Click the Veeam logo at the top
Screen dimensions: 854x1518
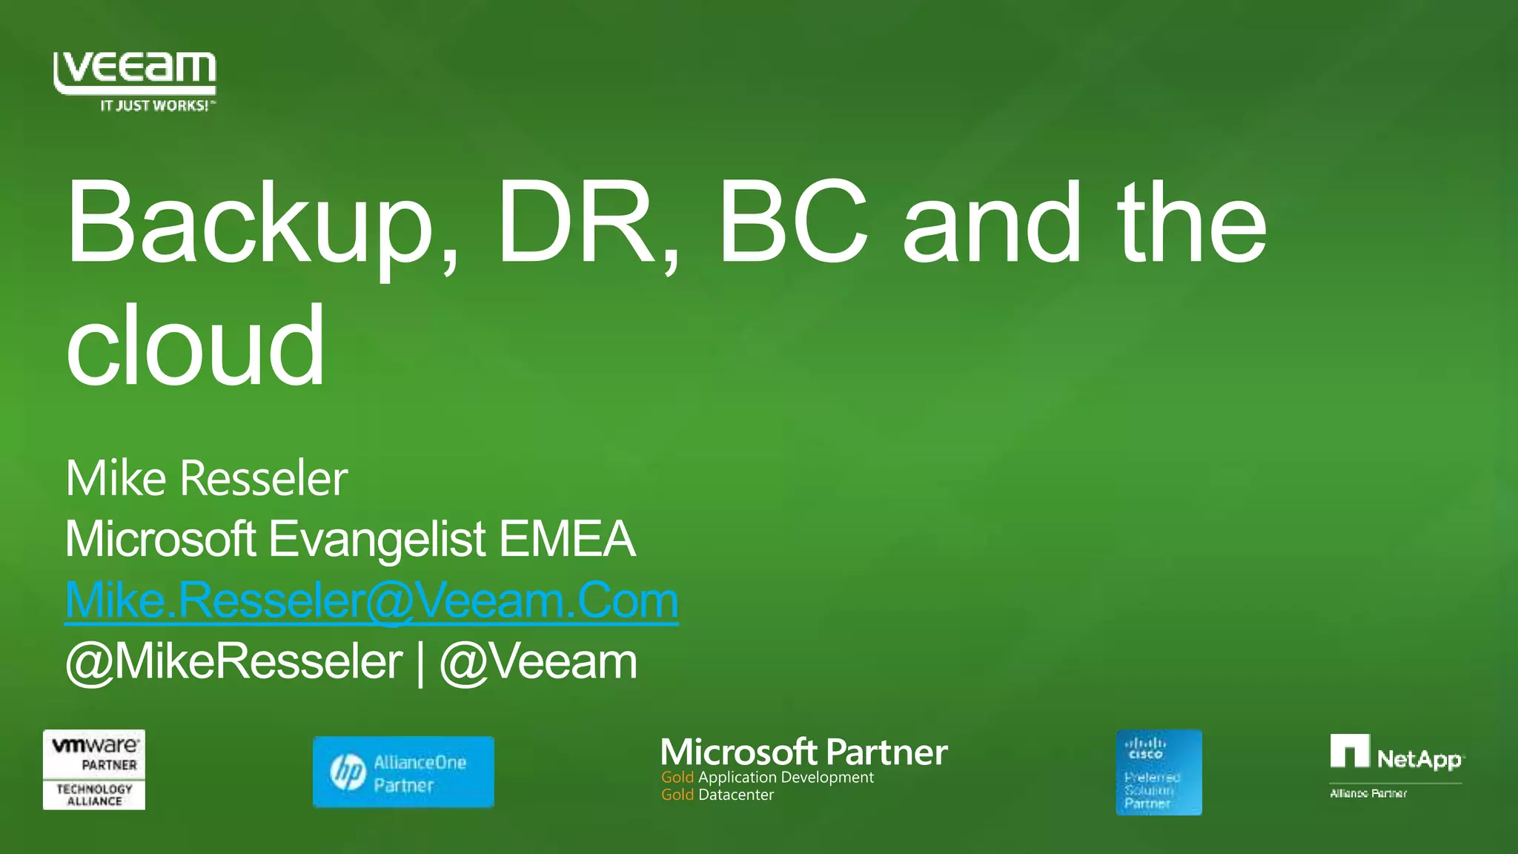[x=135, y=72]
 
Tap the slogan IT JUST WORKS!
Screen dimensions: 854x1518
[x=156, y=106]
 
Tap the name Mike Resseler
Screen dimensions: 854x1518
[x=207, y=478]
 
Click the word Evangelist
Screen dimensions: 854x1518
[x=377, y=539]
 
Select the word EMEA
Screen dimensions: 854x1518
[x=567, y=539]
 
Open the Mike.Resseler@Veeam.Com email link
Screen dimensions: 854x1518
[x=371, y=600]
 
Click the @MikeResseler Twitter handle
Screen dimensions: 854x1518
[x=234, y=661]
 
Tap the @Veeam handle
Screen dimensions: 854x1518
[x=538, y=661]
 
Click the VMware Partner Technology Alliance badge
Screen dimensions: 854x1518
[x=94, y=769]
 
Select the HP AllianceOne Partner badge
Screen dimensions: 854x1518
[x=403, y=772]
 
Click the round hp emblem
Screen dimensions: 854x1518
[x=348, y=772]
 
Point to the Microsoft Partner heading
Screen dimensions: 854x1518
[x=803, y=752]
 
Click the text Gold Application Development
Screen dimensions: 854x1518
[x=767, y=778]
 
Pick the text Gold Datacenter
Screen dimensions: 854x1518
[x=717, y=795]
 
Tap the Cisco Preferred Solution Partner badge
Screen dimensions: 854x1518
[x=1159, y=772]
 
